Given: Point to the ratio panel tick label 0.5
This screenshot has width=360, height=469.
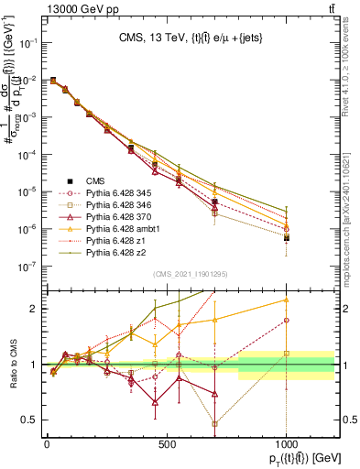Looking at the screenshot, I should pos(34,420).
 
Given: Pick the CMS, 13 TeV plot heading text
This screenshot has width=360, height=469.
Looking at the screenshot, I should pos(190,38).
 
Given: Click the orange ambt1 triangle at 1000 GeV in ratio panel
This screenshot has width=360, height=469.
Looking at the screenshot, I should pos(287,300).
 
